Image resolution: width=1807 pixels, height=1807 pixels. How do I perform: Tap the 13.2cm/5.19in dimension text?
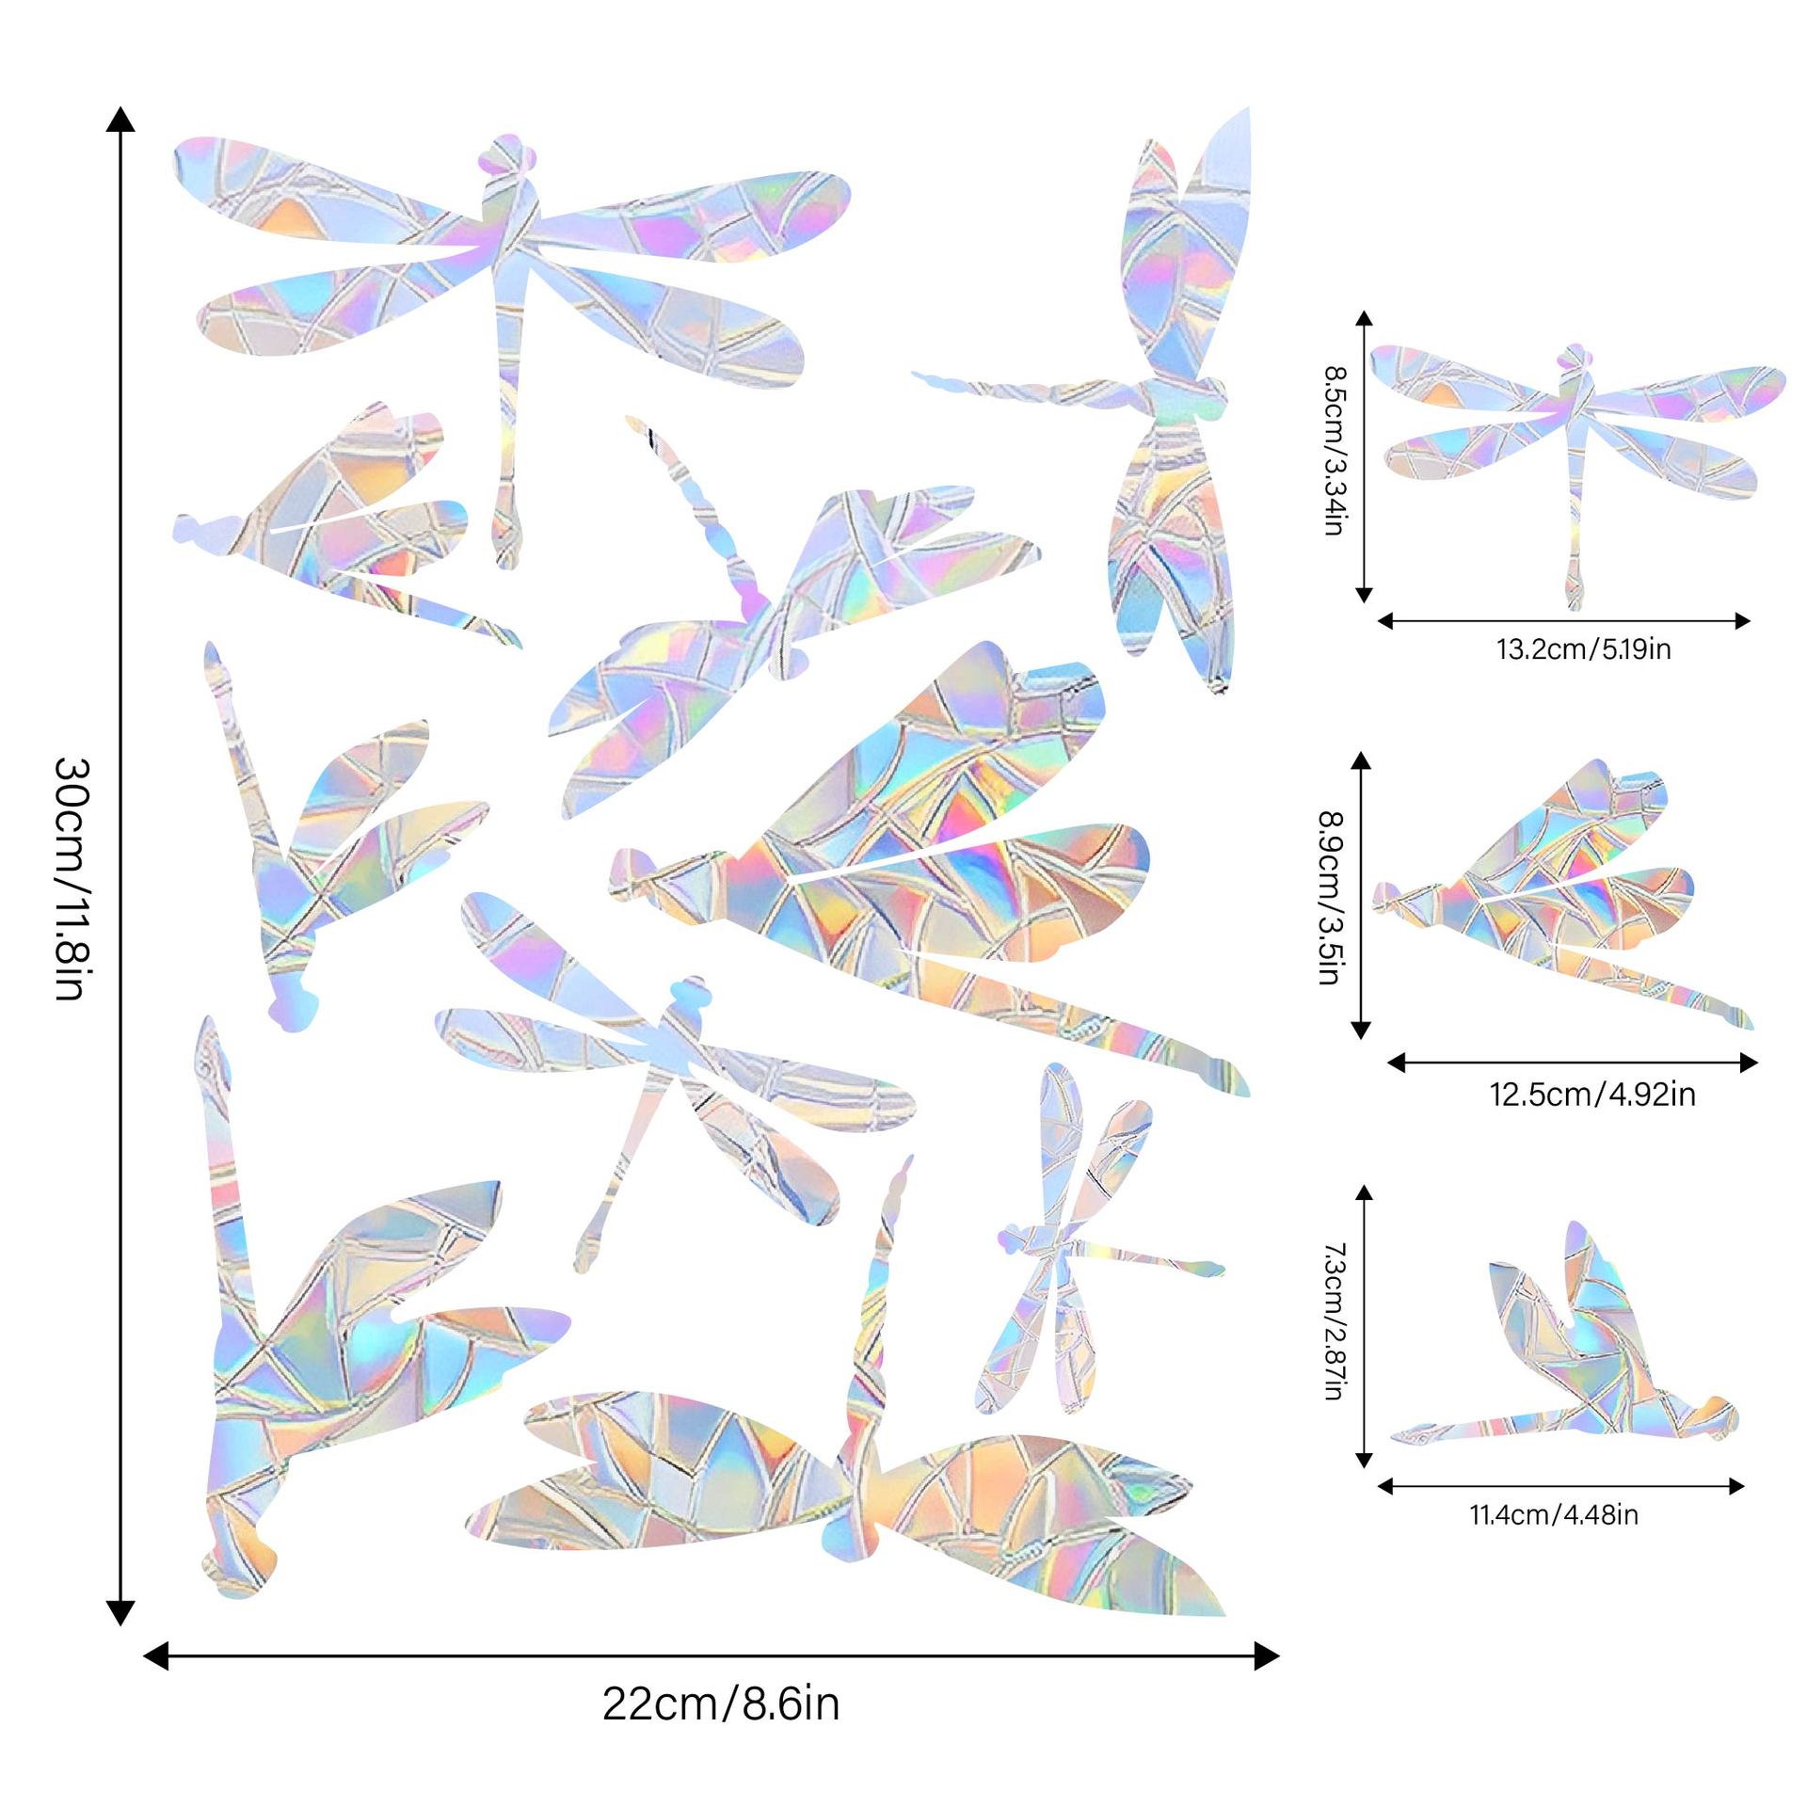[x=1584, y=649]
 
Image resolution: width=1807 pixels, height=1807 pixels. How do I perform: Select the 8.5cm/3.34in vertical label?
[x=1333, y=451]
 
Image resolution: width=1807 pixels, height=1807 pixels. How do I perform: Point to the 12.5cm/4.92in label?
[x=1592, y=1095]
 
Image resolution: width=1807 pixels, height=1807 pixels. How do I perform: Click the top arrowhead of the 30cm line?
[x=120, y=118]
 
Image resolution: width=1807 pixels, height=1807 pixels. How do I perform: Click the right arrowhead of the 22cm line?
[x=1267, y=1656]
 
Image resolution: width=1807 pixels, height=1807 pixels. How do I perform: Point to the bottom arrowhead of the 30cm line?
[x=120, y=1612]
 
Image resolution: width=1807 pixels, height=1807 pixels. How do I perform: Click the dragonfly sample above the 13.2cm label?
[x=1576, y=442]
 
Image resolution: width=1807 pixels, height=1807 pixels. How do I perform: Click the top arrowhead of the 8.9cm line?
[x=1360, y=762]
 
